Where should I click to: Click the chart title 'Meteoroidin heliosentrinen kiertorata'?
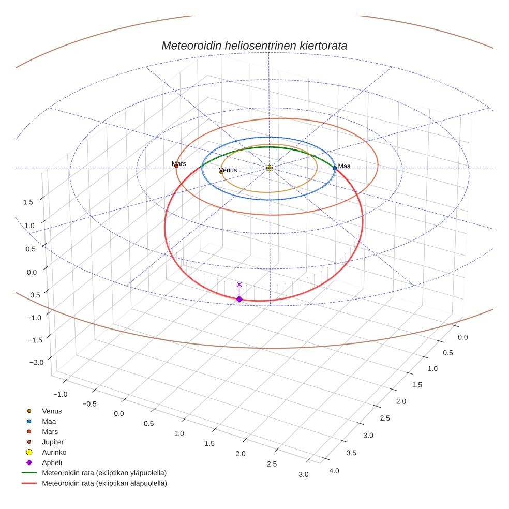[254, 46]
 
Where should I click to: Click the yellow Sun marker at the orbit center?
[270, 168]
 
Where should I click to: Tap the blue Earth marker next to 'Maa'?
[335, 168]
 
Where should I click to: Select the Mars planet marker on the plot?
[176, 166]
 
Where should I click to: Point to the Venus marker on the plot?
[221, 172]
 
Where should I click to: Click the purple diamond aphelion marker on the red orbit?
[239, 299]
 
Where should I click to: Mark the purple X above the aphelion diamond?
[239, 285]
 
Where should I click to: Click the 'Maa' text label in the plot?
[344, 166]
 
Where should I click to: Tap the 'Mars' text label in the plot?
[179, 163]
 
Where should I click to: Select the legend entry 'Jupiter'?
[52, 442]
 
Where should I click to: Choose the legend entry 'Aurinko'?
[54, 452]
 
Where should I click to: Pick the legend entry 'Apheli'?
[52, 462]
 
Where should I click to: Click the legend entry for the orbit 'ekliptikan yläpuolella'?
[104, 473]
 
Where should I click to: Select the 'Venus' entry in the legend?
[52, 411]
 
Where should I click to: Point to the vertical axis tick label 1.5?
[28, 202]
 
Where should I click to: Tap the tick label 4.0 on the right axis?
[334, 470]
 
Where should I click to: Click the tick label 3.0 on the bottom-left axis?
[303, 474]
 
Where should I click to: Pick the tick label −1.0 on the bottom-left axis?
[60, 394]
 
